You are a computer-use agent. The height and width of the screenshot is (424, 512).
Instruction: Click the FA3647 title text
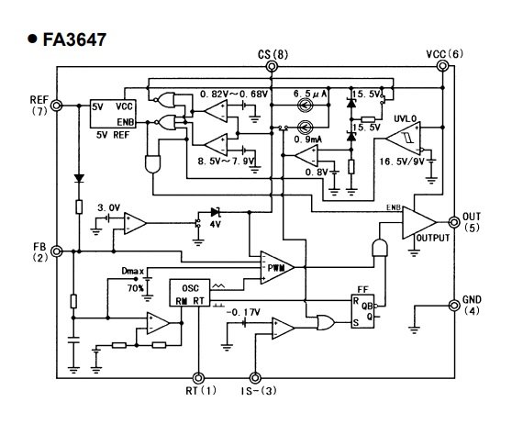(x=74, y=39)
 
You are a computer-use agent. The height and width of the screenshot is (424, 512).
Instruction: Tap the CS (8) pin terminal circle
(x=272, y=67)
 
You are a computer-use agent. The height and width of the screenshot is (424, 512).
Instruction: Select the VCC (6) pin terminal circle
(x=442, y=66)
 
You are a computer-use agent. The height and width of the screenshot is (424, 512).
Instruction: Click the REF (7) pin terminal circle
(x=57, y=106)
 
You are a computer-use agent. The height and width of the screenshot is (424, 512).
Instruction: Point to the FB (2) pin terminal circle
(x=57, y=251)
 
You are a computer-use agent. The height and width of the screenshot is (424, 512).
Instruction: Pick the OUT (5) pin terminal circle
(x=454, y=222)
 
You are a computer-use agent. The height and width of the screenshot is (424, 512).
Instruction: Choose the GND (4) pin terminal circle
(x=454, y=306)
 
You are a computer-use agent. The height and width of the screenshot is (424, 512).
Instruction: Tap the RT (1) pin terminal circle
(x=198, y=378)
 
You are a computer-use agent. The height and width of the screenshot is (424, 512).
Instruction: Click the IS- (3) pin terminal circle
(x=255, y=378)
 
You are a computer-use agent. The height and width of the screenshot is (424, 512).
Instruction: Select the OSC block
(x=190, y=293)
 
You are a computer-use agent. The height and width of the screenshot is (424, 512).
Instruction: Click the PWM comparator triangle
(x=277, y=268)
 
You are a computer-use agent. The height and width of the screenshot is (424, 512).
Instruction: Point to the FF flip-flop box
(x=362, y=311)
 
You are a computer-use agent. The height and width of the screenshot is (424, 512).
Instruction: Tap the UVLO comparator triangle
(x=403, y=139)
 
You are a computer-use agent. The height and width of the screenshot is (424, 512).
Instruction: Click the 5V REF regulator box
(x=113, y=114)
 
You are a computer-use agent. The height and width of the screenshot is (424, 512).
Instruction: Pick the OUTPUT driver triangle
(x=419, y=222)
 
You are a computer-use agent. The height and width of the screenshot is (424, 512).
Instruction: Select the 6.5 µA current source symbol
(x=306, y=106)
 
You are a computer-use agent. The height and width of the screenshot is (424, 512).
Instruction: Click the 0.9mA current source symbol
(x=306, y=127)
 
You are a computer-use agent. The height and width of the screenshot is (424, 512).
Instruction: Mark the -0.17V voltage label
(x=243, y=313)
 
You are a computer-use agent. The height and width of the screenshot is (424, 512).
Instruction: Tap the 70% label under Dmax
(x=136, y=288)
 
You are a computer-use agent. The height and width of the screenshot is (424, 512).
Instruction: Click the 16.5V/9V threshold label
(x=402, y=162)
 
